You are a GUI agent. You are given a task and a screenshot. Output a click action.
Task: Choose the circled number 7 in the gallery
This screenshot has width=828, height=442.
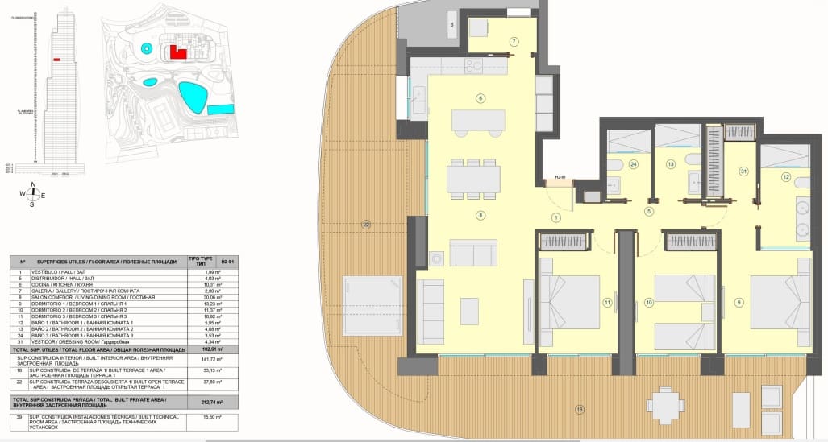coord(514,41)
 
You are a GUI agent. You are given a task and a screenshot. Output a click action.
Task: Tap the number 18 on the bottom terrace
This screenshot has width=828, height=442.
coord(579,410)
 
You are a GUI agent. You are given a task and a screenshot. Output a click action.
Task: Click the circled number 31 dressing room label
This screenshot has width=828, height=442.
coord(743,170)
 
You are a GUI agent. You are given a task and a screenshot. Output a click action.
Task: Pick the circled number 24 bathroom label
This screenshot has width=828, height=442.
coord(634,164)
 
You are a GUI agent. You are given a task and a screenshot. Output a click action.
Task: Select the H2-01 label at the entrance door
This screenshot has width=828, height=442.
coord(560,178)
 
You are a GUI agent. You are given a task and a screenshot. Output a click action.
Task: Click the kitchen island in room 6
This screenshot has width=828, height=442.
coord(479,122)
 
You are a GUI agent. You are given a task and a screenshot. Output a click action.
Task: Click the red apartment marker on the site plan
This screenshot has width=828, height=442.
coord(179,53)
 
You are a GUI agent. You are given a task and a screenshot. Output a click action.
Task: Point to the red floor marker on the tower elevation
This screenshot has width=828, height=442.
coord(57,60)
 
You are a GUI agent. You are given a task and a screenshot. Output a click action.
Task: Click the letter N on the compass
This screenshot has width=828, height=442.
coord(31,184)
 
